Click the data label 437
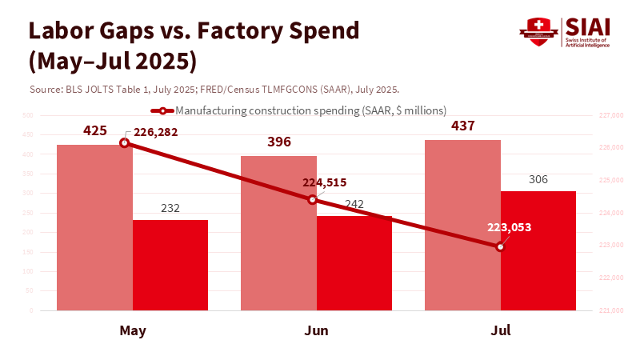[463, 126]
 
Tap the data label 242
[354, 205]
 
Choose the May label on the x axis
[132, 330]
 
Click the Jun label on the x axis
[316, 330]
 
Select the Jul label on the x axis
[500, 330]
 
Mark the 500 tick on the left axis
[27, 116]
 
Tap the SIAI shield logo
[539, 30]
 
